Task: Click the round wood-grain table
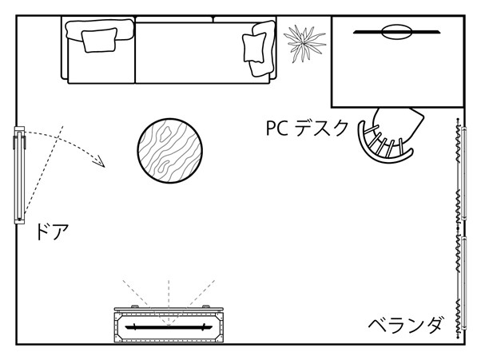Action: click(169, 152)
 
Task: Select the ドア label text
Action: click(52, 233)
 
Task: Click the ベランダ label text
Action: click(405, 326)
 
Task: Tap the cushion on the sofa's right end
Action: click(257, 48)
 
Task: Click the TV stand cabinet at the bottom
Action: click(167, 325)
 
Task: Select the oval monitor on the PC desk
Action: click(396, 32)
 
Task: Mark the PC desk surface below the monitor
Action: click(396, 72)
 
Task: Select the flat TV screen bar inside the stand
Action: click(167, 326)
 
